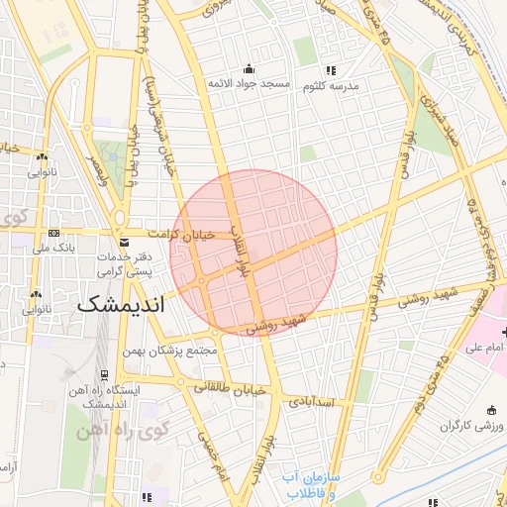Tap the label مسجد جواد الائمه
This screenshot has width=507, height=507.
pyautogui.click(x=248, y=84)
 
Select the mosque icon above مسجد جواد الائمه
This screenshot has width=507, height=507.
pyautogui.click(x=248, y=68)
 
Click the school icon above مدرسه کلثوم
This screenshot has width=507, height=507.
pyautogui.click(x=331, y=70)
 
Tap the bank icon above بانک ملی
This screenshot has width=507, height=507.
pyautogui.click(x=52, y=234)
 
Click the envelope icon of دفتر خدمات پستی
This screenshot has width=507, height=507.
pyautogui.click(x=124, y=243)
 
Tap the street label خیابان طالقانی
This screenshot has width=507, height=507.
pyautogui.click(x=230, y=388)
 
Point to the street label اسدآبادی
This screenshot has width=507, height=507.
pyautogui.click(x=313, y=403)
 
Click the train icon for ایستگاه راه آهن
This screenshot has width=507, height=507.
pyautogui.click(x=103, y=375)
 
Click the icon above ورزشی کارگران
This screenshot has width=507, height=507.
pyautogui.click(x=492, y=410)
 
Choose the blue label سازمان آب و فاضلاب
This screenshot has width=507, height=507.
pyautogui.click(x=308, y=484)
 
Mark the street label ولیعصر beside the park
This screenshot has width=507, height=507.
pyautogui.click(x=95, y=163)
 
